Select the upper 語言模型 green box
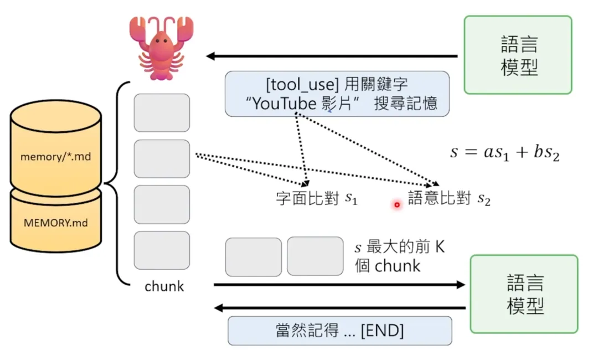(x=518, y=55)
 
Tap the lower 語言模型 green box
(x=524, y=294)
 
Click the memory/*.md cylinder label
(x=55, y=157)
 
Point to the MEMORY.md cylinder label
(x=55, y=223)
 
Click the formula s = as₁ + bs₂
(x=504, y=152)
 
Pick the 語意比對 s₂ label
(x=449, y=199)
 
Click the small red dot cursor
(x=396, y=205)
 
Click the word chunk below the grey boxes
(x=164, y=286)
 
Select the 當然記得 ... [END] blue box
(x=339, y=331)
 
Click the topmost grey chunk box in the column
(x=162, y=112)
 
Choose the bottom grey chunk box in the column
(x=162, y=250)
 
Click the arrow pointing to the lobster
(x=332, y=56)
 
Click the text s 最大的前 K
(x=399, y=248)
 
